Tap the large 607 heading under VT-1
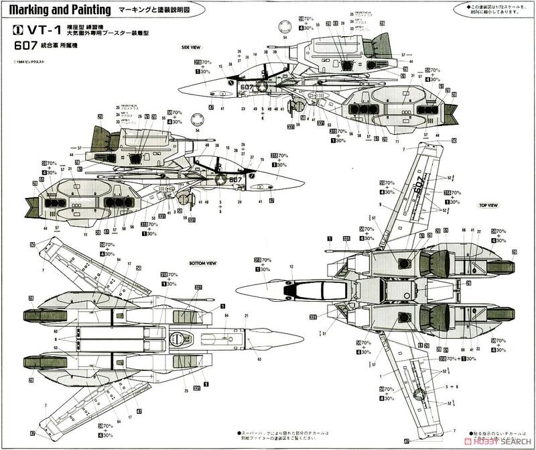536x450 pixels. pos(26,45)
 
